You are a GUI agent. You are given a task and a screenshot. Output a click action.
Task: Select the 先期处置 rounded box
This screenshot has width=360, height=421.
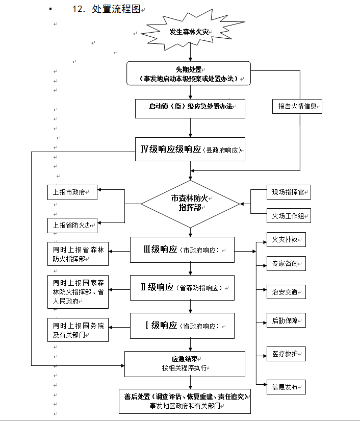(x=189, y=73)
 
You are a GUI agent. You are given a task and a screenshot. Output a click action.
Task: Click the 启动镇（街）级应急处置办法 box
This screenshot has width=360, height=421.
(x=190, y=107)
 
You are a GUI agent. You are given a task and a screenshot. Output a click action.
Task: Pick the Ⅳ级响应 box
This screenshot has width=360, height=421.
(x=190, y=150)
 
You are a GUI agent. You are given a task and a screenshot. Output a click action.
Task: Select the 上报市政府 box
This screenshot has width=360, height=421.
(x=71, y=192)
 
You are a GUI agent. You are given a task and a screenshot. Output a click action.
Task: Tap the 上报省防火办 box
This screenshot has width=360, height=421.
(x=71, y=225)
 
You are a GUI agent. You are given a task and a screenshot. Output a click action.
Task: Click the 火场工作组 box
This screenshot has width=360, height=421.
(x=288, y=216)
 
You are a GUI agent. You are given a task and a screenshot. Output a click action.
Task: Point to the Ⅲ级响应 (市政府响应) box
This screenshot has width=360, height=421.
(x=183, y=250)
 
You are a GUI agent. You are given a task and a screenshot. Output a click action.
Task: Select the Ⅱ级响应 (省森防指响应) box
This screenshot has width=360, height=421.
(x=183, y=288)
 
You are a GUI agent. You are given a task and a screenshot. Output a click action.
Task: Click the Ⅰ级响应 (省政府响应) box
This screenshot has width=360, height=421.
(x=183, y=326)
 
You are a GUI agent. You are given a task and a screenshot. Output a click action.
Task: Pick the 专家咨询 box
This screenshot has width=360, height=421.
(x=286, y=264)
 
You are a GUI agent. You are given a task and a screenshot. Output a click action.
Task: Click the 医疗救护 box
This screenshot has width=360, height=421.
(x=286, y=354)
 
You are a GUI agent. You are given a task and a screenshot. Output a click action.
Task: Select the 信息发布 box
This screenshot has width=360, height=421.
(x=286, y=386)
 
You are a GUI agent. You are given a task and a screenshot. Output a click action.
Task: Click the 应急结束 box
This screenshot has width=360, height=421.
(x=185, y=363)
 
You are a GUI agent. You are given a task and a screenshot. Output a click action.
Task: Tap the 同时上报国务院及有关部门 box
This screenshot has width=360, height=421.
(x=78, y=330)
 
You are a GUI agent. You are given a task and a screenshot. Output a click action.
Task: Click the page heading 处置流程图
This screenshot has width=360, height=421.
(x=116, y=10)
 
